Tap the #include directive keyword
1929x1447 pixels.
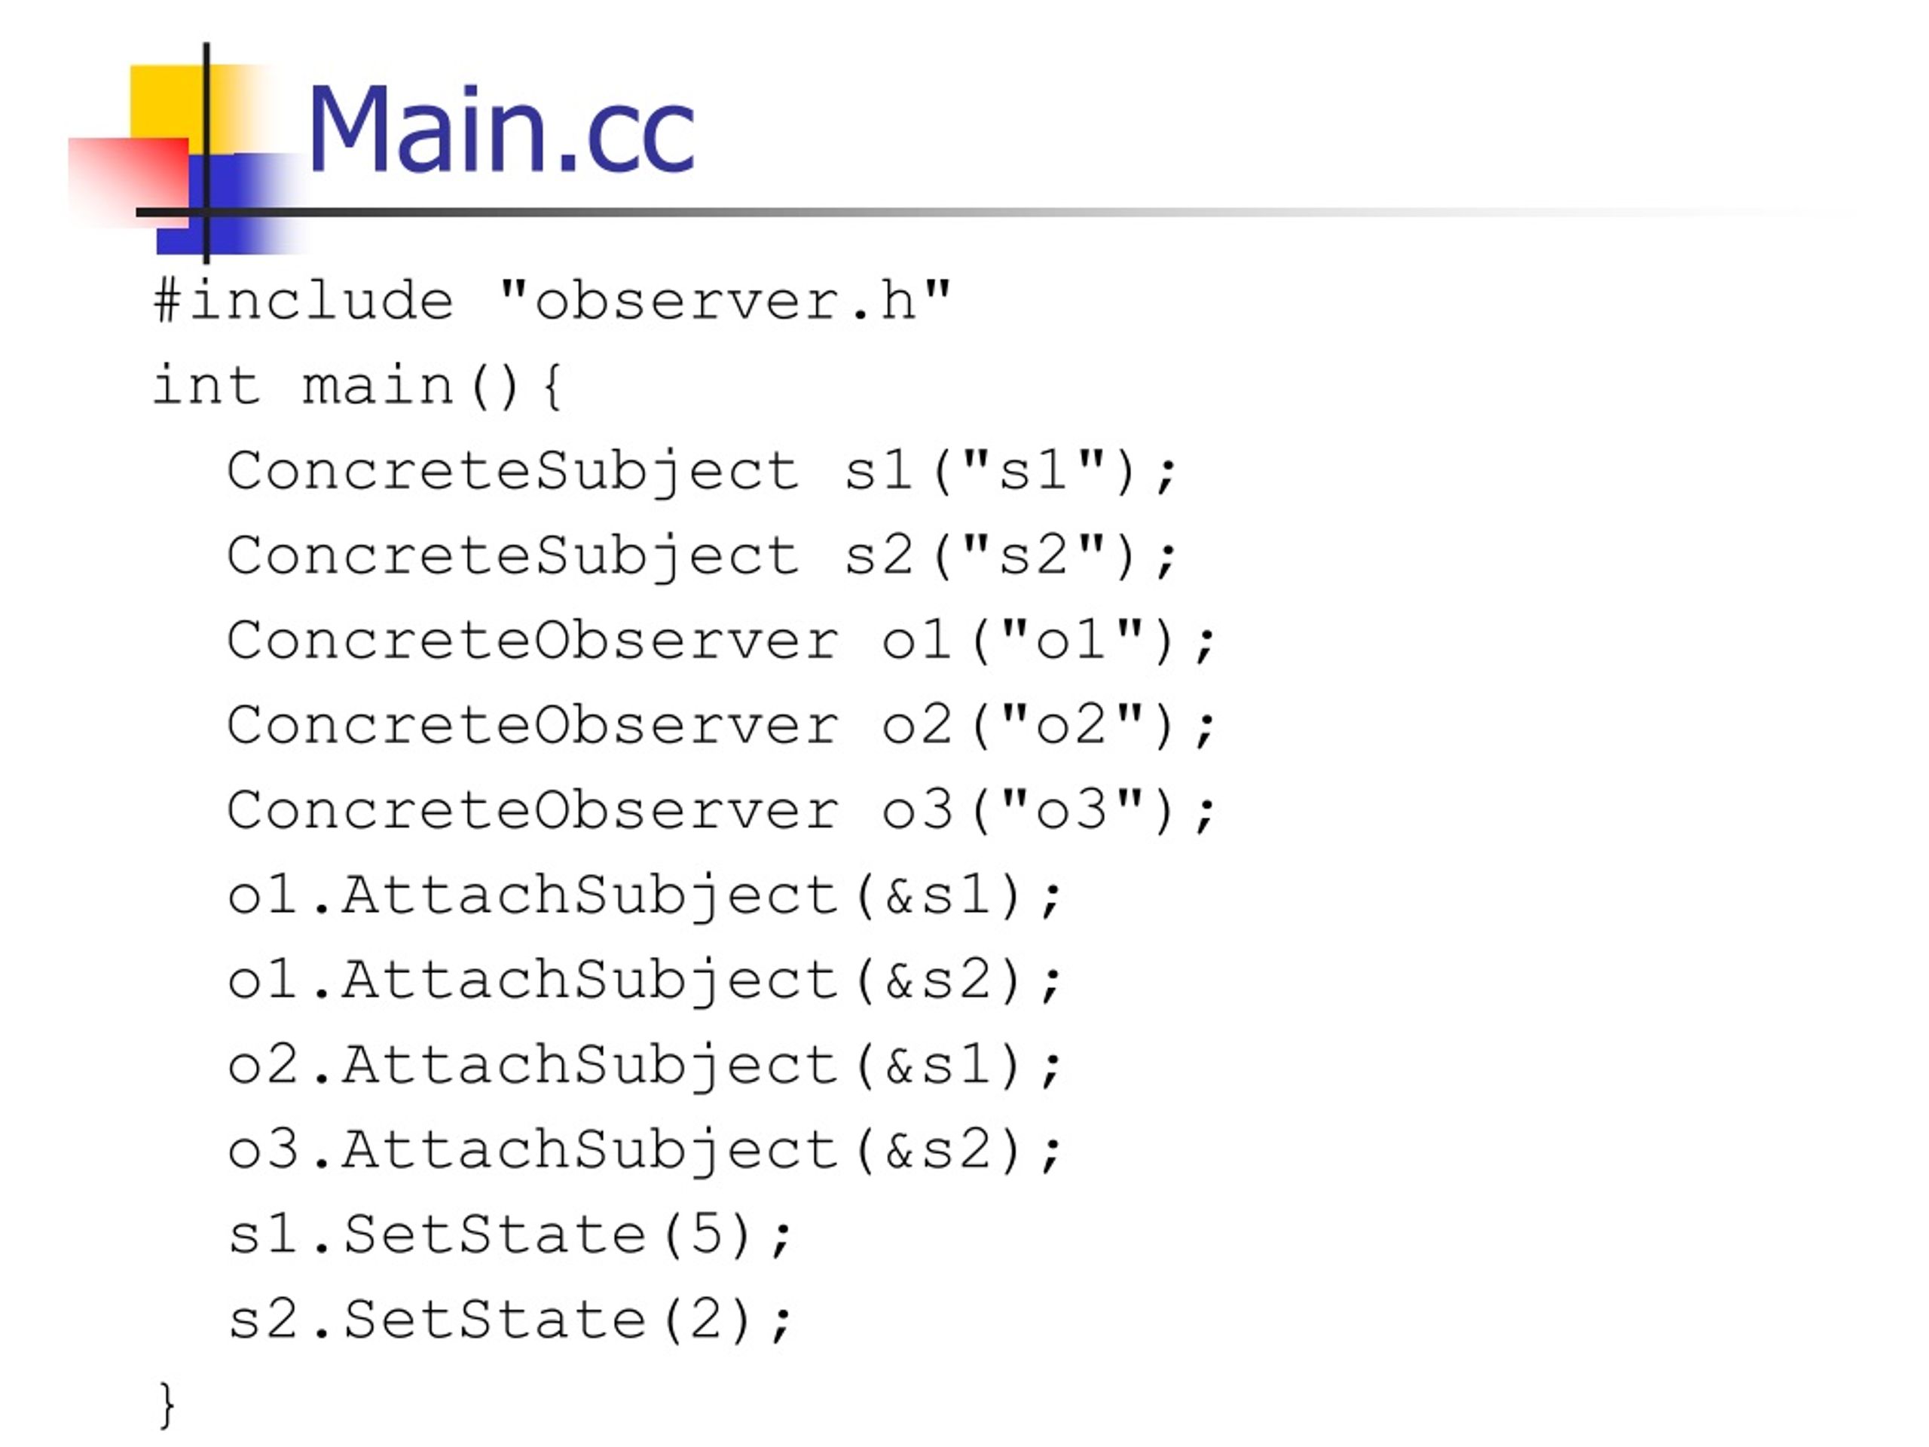[x=304, y=301]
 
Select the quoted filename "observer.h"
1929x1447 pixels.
[x=725, y=301]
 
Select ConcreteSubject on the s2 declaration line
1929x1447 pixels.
[x=513, y=555]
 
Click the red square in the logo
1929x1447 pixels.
[x=128, y=182]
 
